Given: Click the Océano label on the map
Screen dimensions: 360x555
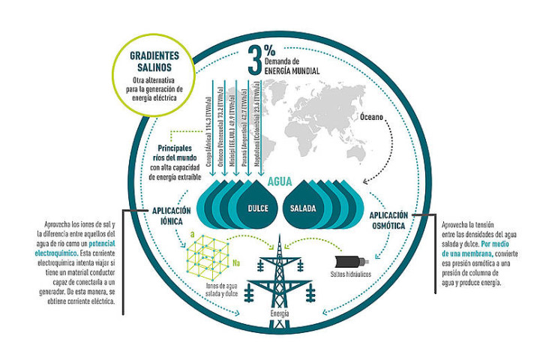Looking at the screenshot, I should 375,118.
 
